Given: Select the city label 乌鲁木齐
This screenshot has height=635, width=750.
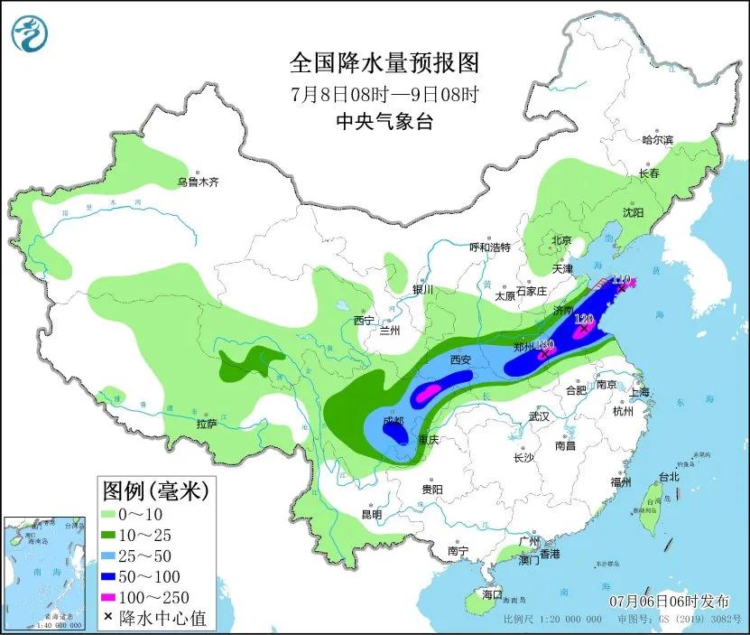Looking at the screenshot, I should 198,182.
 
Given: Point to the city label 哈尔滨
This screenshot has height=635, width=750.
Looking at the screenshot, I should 657,140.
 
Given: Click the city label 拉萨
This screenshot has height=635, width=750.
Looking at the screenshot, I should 207,423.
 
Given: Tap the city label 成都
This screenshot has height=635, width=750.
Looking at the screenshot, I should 394,420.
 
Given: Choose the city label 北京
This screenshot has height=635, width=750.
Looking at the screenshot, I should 561,240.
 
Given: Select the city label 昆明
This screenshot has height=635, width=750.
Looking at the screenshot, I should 371,514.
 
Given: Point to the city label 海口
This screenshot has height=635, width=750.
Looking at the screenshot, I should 491,595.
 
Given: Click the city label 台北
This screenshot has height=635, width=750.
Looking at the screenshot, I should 668,476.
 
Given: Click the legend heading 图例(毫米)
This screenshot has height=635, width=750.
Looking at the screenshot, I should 154,490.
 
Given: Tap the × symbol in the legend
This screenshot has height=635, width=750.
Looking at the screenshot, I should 107,618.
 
